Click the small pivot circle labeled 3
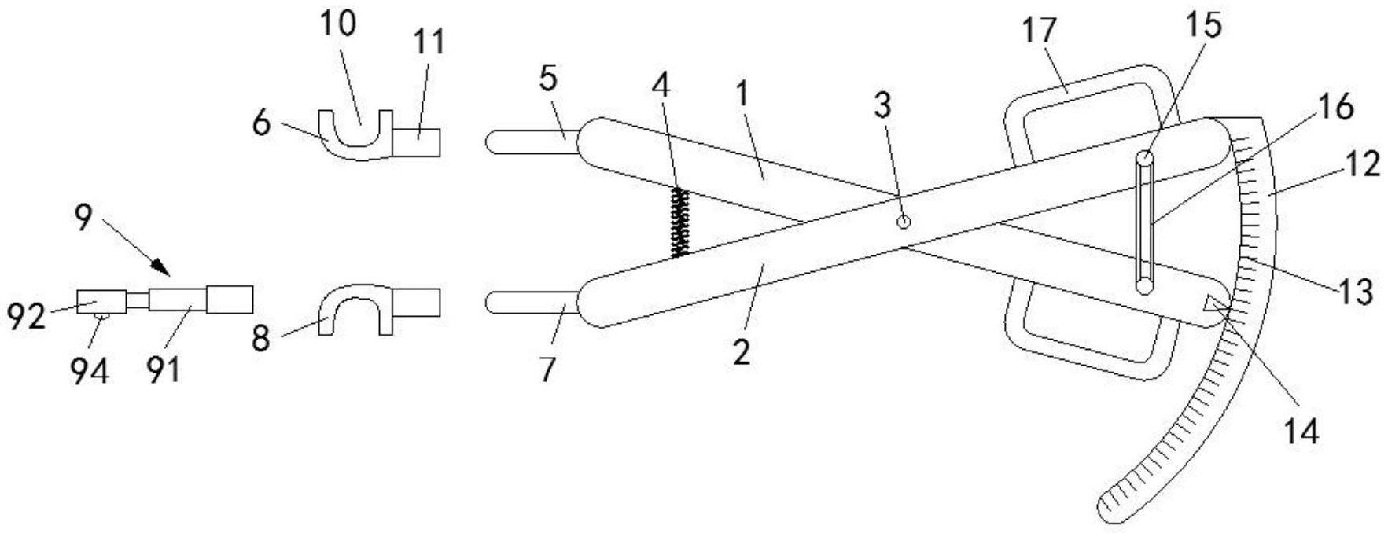click(904, 222)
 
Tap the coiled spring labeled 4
click(679, 222)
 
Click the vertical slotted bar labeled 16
click(1145, 225)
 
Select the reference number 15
click(1203, 25)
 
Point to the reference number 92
click(25, 316)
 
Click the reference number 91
click(164, 368)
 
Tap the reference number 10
click(337, 24)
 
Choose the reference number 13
click(1356, 291)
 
